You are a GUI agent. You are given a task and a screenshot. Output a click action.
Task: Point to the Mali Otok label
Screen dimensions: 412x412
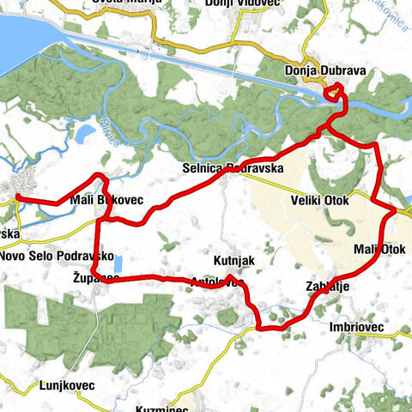point(379,250)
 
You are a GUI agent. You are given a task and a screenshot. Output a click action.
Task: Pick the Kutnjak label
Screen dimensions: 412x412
point(232,258)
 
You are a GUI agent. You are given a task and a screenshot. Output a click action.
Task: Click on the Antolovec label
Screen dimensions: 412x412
point(218,282)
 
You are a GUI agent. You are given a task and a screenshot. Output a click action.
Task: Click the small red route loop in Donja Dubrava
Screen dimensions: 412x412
point(333,91)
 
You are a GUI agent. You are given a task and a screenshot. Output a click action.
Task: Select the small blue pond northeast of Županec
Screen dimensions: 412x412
point(119,264)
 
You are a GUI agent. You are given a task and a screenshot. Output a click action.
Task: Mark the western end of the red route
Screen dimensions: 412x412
point(17,198)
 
